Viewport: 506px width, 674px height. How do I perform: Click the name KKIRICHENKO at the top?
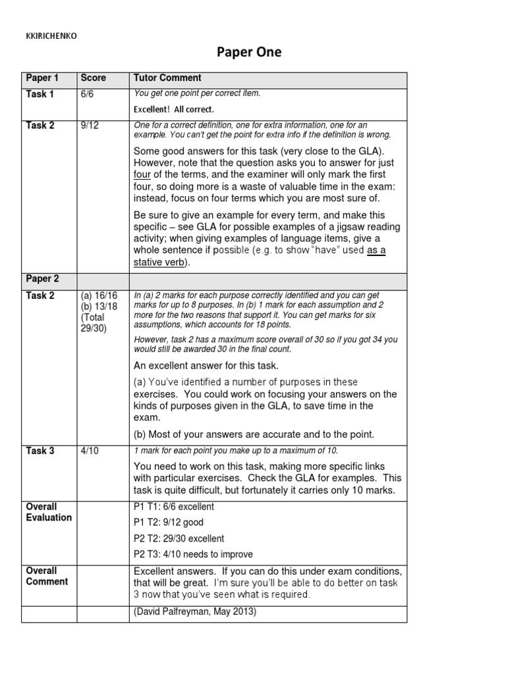(50, 37)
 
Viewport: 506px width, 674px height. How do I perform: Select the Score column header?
(93, 78)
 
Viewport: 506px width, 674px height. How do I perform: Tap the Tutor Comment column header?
(167, 78)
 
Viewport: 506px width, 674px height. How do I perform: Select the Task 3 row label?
(40, 451)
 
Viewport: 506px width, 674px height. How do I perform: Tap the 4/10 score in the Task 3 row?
(92, 451)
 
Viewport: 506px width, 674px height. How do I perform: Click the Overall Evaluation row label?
(49, 512)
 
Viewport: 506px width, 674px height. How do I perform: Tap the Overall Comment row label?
(47, 576)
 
